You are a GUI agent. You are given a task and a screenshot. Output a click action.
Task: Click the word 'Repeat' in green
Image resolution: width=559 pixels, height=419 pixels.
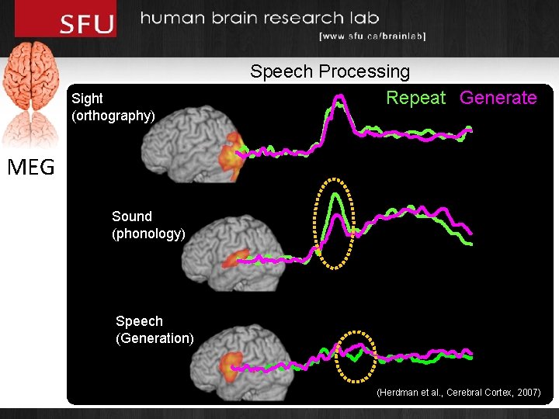coord(416,98)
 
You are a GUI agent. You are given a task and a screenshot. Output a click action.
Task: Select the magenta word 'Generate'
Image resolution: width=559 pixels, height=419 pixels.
coord(498,98)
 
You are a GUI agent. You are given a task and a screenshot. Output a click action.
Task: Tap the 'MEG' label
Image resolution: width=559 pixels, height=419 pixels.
coord(32,167)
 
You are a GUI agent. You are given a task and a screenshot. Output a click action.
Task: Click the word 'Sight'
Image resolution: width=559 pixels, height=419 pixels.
coord(87,99)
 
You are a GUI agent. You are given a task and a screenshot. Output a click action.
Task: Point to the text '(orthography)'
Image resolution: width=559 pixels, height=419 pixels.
coord(113,116)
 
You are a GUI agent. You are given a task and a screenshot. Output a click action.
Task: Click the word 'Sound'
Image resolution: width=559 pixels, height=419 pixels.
coord(132,216)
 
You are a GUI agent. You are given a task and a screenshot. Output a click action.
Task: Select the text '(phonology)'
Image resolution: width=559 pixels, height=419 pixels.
coord(148,234)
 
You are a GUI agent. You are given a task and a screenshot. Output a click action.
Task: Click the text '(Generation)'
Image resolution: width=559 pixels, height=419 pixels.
coord(155,338)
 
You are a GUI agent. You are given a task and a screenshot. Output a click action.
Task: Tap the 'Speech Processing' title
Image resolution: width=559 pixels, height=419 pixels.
coord(330,71)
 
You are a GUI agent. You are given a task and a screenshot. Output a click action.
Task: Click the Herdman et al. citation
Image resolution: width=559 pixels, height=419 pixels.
coord(458,393)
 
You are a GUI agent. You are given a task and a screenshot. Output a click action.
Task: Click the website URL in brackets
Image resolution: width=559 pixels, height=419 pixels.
coord(372,36)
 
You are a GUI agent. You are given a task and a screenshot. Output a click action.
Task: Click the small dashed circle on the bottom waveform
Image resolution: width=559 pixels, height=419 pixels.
coord(356,356)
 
